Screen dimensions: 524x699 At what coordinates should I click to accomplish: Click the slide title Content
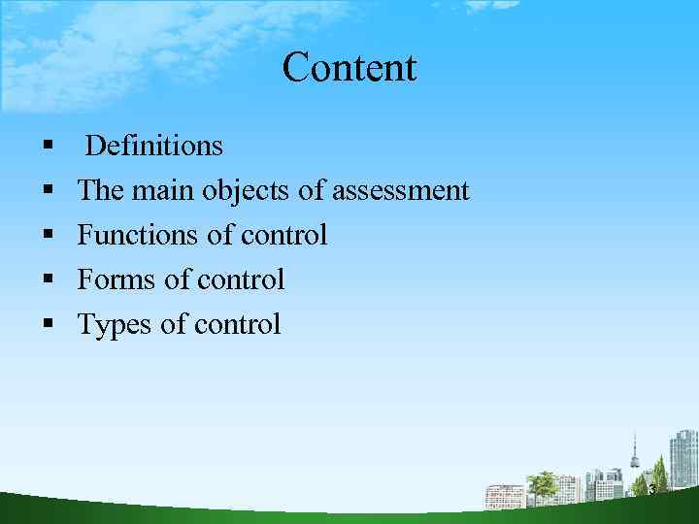349,68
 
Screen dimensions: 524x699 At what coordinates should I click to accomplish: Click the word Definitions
153,147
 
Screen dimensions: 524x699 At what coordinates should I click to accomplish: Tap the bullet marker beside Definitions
47,147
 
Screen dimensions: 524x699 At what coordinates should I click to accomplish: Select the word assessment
400,191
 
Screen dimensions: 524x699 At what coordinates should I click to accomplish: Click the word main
163,191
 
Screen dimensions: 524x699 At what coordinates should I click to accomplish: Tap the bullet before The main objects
47,191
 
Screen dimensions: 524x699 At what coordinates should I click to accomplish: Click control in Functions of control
283,235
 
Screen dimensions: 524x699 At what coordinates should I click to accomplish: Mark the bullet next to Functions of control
47,235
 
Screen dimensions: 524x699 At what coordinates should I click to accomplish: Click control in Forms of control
241,279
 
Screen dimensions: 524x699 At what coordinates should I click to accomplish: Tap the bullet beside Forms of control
47,279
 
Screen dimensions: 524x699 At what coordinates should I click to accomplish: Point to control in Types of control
237,324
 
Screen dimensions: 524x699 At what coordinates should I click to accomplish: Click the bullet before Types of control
47,324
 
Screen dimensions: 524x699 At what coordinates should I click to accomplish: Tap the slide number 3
651,490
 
